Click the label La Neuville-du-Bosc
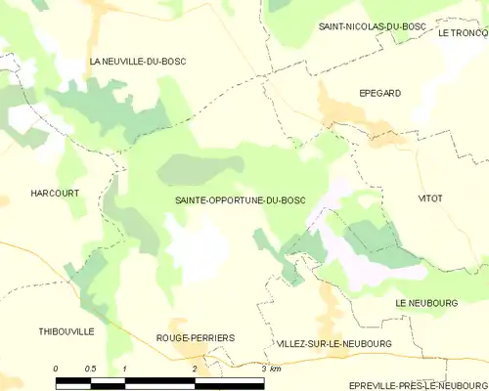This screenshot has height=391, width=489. click(x=137, y=62)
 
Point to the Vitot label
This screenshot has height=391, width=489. click(x=430, y=198)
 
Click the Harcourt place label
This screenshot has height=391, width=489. click(x=54, y=194)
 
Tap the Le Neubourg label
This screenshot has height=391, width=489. click(x=426, y=304)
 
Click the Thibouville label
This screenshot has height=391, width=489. click(x=67, y=331)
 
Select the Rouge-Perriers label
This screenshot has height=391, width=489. click(x=196, y=337)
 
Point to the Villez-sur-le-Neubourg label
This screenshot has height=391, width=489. click(x=333, y=344)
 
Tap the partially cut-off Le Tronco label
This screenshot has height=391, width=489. click(x=463, y=33)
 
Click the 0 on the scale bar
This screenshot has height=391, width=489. click(x=56, y=369)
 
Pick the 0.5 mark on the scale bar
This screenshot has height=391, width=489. click(x=90, y=369)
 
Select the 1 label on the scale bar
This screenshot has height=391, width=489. click(x=125, y=369)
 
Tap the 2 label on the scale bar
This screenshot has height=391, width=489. click(x=195, y=369)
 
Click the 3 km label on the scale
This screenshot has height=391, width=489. click(x=271, y=369)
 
